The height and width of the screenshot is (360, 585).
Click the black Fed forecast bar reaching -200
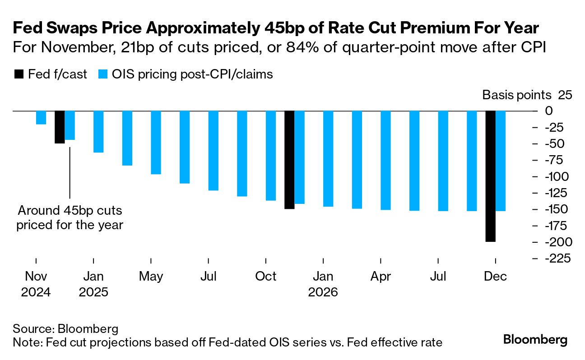pos(490,176)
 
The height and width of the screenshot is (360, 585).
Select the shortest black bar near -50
pos(60,127)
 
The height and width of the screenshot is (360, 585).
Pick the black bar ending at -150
pos(289,160)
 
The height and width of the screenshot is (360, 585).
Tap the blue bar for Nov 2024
pos(41,117)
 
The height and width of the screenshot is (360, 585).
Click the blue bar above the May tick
pos(156,142)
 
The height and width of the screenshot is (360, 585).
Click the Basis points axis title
pos(517,95)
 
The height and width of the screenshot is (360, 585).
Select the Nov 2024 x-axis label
pos(36,284)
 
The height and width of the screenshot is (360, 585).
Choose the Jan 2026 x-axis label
pos(323,284)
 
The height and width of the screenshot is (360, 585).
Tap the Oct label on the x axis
pos(266,276)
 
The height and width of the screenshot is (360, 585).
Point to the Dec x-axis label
pos(496,276)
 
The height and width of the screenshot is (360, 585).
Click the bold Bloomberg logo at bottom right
pos(535,340)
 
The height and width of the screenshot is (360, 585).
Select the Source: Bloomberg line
pos(65,328)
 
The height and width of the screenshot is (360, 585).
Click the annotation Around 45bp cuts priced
pos(70,217)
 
